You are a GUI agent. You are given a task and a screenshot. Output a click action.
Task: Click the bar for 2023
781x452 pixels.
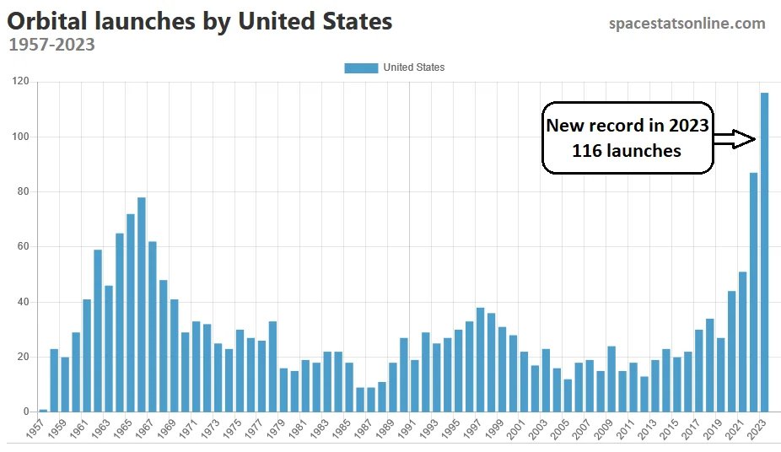[765, 253]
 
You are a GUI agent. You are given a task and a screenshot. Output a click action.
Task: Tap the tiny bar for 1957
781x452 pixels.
[43, 410]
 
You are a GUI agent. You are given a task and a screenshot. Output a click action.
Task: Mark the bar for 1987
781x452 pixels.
[371, 400]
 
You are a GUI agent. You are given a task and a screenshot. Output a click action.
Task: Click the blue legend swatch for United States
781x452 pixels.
[361, 67]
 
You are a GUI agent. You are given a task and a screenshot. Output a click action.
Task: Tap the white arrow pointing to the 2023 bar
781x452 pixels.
[734, 139]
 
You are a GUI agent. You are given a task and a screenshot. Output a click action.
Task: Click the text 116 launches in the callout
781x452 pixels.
[627, 151]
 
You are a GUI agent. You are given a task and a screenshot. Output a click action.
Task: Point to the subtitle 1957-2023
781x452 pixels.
[51, 44]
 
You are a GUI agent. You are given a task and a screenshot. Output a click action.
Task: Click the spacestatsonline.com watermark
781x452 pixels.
[687, 24]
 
